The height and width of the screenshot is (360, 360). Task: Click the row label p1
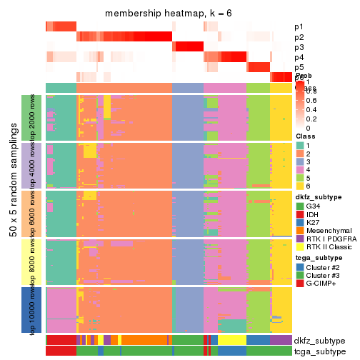coord(299,27)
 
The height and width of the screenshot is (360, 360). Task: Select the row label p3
coord(299,47)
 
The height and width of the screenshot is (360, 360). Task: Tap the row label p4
coord(299,57)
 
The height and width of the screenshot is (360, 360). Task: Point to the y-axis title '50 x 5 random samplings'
coord(13,212)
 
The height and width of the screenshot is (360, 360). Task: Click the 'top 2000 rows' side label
coord(34,116)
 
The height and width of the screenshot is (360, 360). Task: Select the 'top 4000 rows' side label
coord(34,164)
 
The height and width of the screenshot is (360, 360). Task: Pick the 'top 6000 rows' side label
coord(34,213)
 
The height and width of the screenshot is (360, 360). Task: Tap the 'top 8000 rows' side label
coord(34,261)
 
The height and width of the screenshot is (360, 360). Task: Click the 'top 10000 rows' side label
coord(34,309)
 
